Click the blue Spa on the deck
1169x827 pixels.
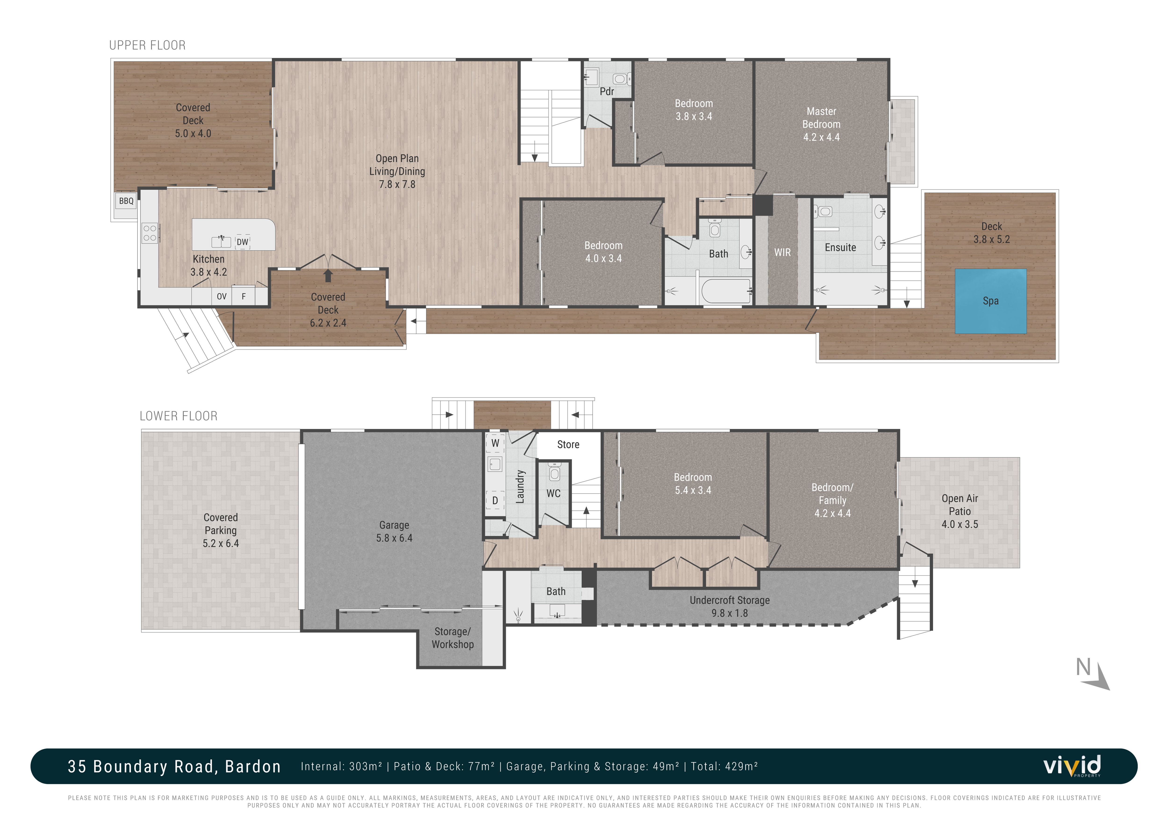990,301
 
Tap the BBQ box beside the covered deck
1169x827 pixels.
126,201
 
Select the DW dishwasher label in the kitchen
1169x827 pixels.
242,242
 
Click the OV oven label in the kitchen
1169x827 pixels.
221,296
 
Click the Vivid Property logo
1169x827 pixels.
1072,766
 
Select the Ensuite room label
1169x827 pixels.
840,248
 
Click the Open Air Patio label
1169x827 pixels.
960,511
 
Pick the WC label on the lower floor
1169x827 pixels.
553,493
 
